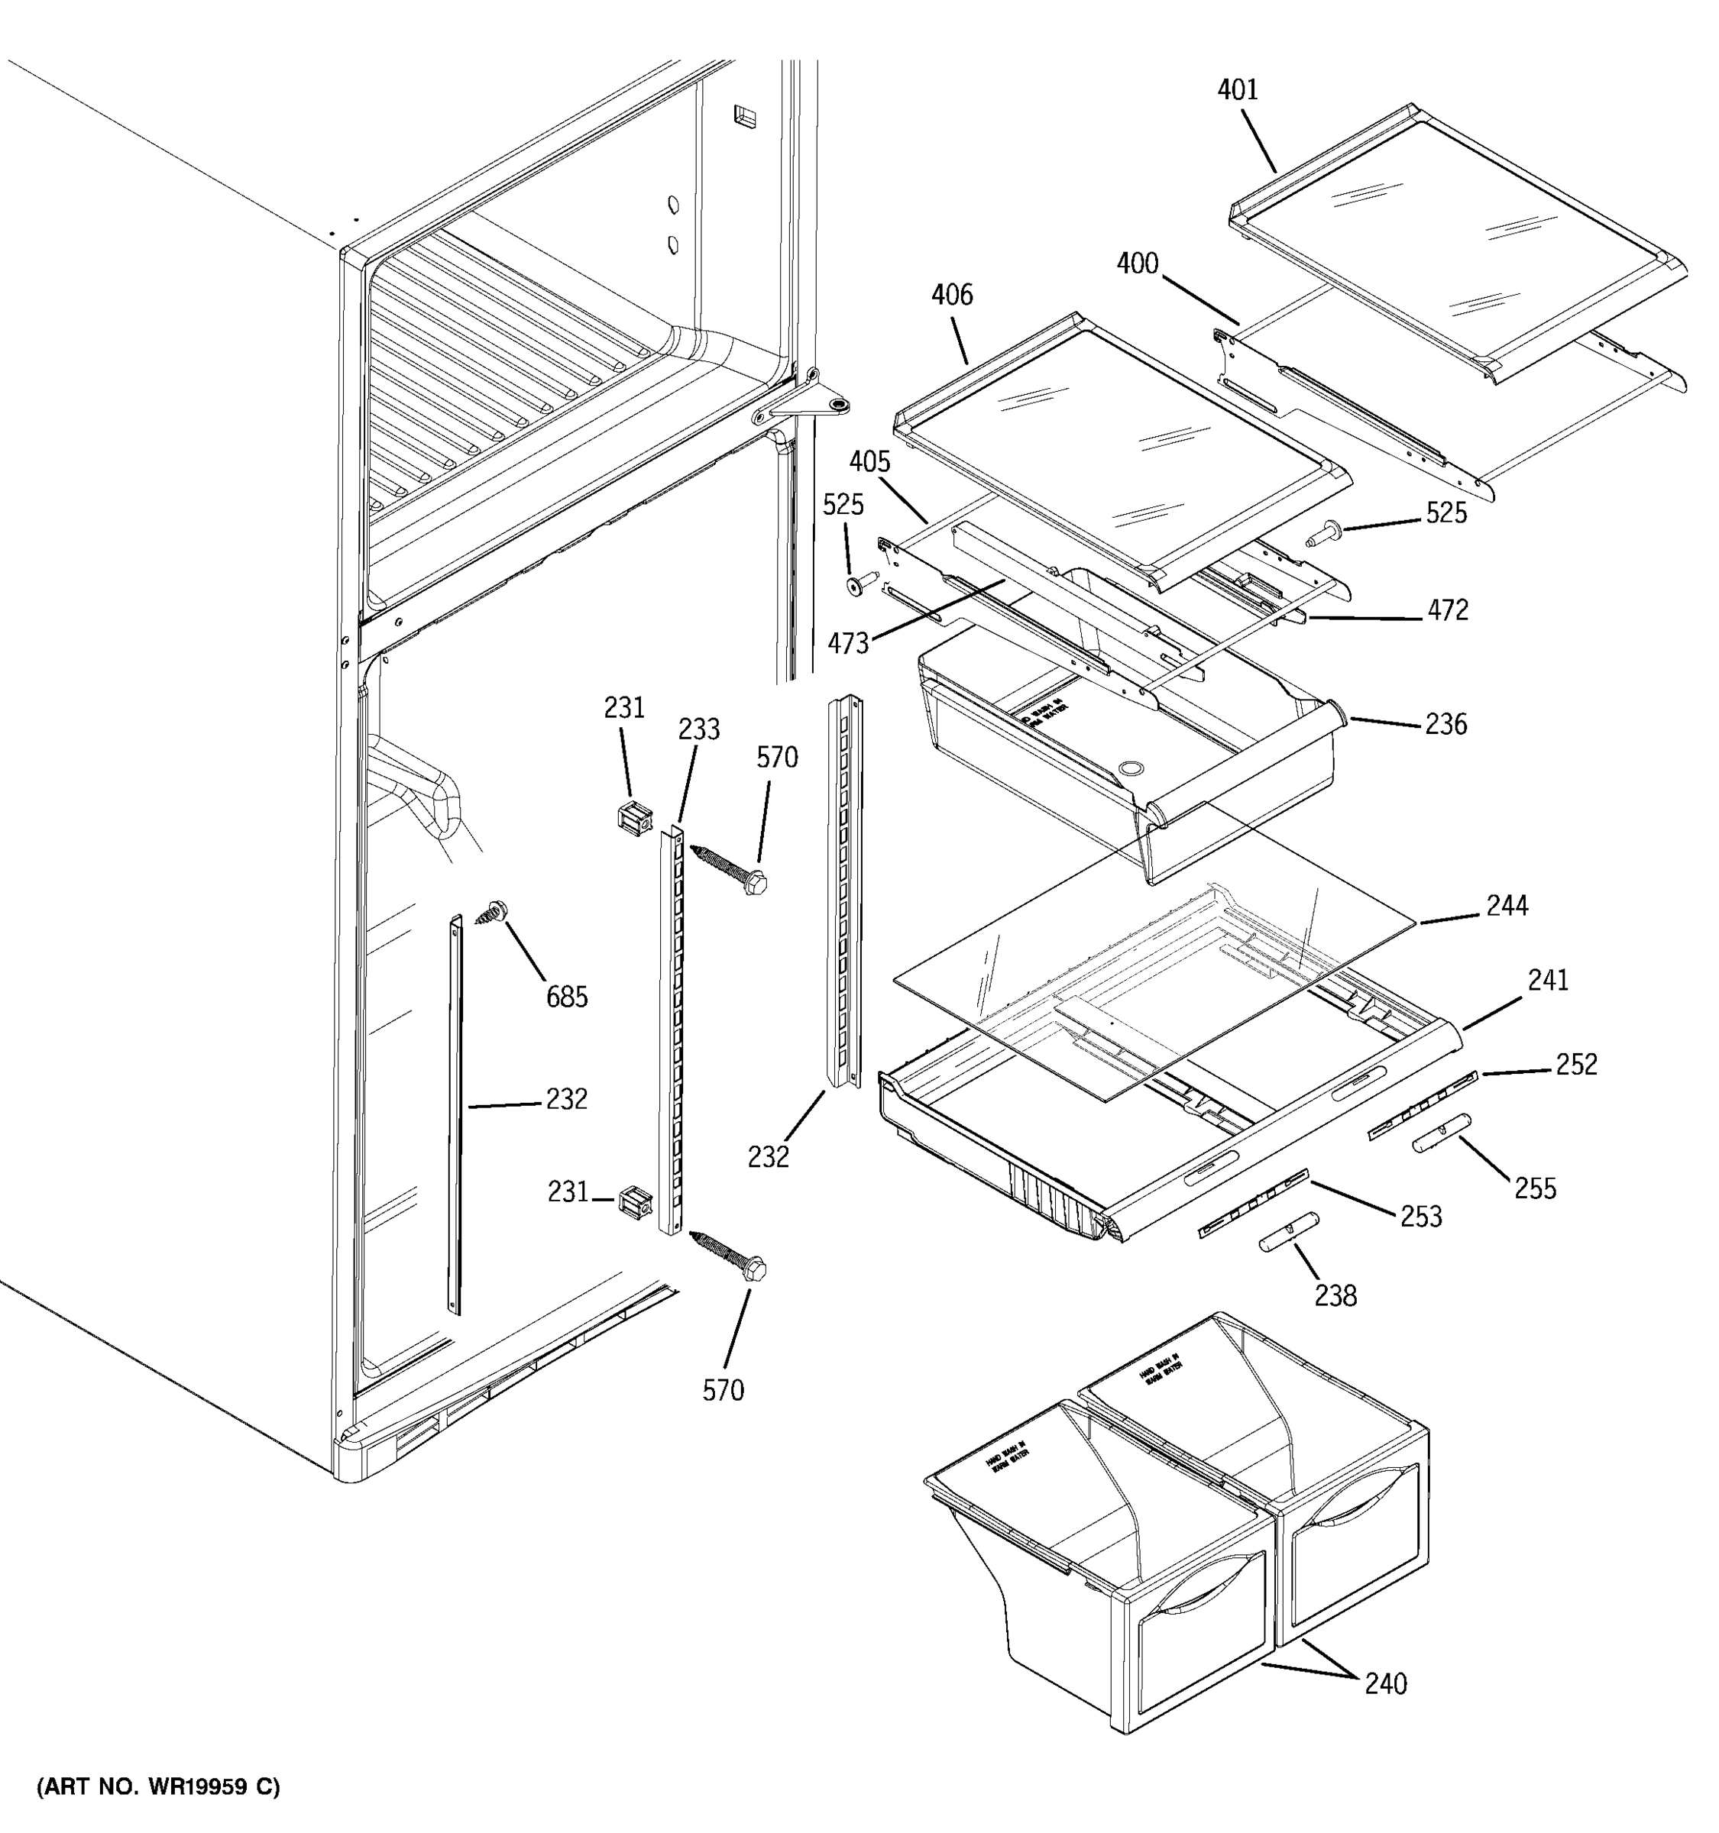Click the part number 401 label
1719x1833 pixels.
pyautogui.click(x=1238, y=89)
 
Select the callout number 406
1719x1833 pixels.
pyautogui.click(x=952, y=295)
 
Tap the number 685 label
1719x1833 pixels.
pyautogui.click(x=566, y=997)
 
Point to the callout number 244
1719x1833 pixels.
pyautogui.click(x=1507, y=907)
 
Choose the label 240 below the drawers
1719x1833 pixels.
pyautogui.click(x=1386, y=1683)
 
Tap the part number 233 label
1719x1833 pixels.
pyautogui.click(x=699, y=729)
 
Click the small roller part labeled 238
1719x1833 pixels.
pyautogui.click(x=1288, y=1231)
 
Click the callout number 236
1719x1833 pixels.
pyautogui.click(x=1445, y=725)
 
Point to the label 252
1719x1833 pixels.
pyautogui.click(x=1576, y=1064)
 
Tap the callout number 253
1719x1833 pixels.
pyautogui.click(x=1421, y=1217)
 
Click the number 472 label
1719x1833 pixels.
pyautogui.click(x=1447, y=610)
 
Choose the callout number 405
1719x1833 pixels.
pyautogui.click(x=869, y=461)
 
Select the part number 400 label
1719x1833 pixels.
pyautogui.click(x=1137, y=263)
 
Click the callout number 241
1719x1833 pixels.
pyautogui.click(x=1547, y=980)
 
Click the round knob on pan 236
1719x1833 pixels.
pyautogui.click(x=1128, y=768)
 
